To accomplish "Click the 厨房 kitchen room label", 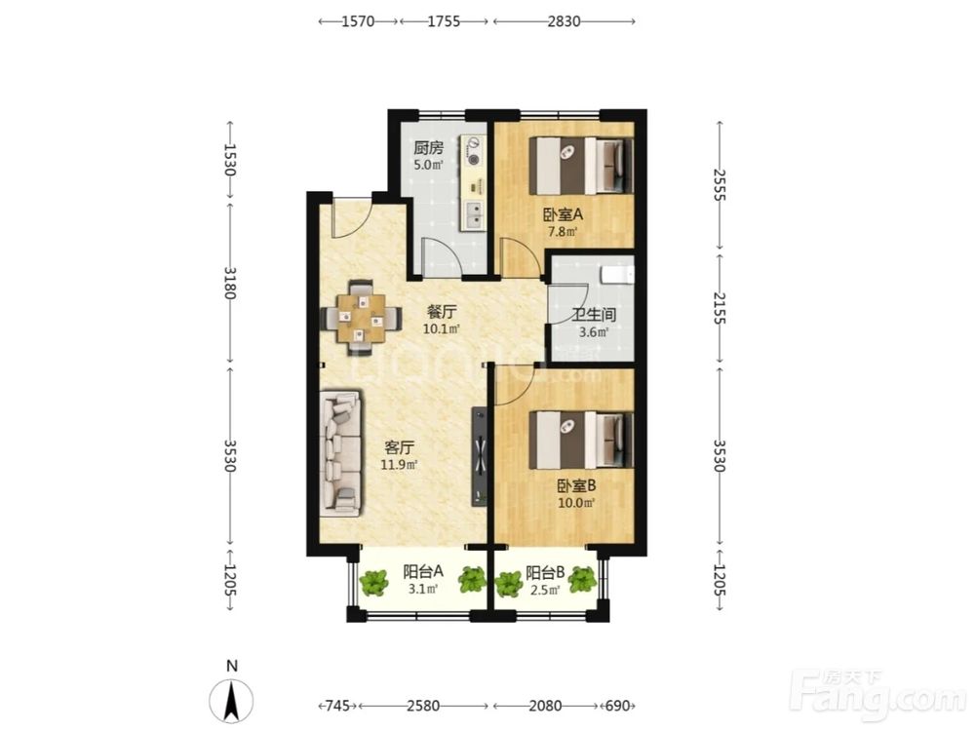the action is [x=428, y=148].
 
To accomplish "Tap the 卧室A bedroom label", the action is [x=563, y=215].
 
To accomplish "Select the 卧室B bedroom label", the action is [x=576, y=485].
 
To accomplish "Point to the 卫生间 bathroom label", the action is [x=593, y=315].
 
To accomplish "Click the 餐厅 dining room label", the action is [x=441, y=312].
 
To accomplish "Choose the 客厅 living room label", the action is [x=399, y=447].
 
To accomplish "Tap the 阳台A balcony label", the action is [x=423, y=571].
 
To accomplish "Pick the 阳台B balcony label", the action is [x=545, y=572].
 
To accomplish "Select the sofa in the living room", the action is [x=340, y=452].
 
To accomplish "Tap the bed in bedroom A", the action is [x=581, y=166].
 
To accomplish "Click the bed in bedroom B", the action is [x=581, y=441].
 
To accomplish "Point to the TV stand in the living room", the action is [x=480, y=456].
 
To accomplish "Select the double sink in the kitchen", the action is [x=475, y=214].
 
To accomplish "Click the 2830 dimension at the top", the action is [x=564, y=21].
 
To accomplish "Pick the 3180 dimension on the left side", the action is [x=230, y=283].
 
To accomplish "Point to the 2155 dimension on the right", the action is [x=720, y=308].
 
